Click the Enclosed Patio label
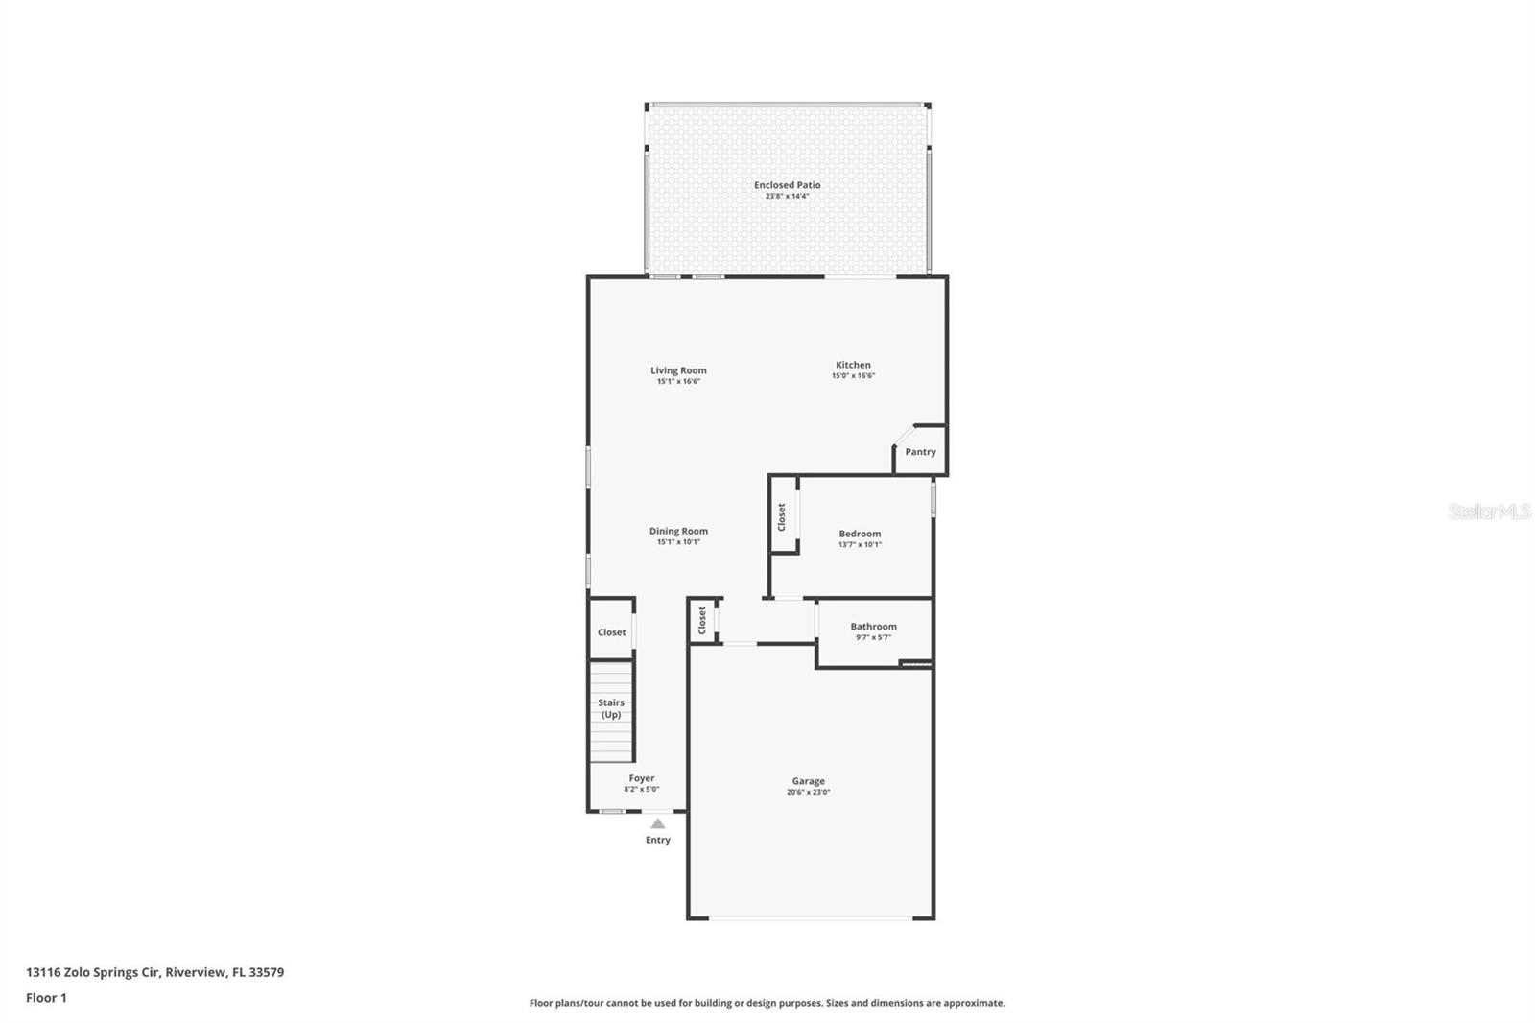(787, 185)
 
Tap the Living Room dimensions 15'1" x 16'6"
(678, 382)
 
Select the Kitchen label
(853, 365)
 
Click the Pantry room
(920, 452)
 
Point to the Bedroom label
(860, 534)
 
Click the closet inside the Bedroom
(782, 516)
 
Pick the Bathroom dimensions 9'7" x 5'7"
(873, 637)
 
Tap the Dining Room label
(678, 531)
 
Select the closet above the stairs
(611, 632)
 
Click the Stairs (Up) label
(611, 708)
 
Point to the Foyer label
(642, 778)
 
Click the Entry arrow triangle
(657, 823)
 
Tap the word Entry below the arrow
(657, 840)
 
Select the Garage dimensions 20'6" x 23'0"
(808, 793)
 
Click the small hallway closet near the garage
(702, 620)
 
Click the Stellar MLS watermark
(1489, 511)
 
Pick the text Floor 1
(46, 998)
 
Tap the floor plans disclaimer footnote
(767, 1003)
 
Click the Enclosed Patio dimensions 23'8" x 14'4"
(787, 196)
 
